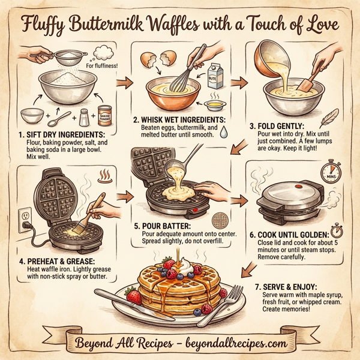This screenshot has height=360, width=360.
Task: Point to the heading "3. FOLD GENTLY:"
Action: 284,127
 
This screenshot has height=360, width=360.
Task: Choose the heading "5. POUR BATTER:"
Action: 166,226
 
